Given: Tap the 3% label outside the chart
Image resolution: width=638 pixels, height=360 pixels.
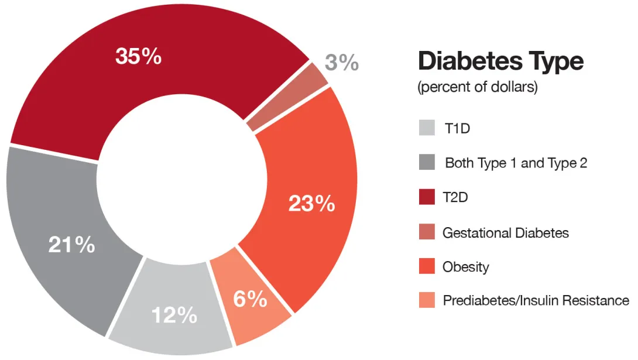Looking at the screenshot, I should click(x=342, y=62).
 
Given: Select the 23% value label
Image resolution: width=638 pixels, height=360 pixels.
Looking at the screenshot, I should click(x=311, y=204).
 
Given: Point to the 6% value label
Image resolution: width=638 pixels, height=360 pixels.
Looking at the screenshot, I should click(x=250, y=299).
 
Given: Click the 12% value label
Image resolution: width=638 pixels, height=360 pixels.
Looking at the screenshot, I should click(x=174, y=316).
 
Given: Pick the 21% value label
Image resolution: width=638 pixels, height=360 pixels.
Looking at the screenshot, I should click(x=71, y=245).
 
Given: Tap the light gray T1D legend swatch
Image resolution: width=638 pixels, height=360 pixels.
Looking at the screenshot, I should click(x=427, y=128).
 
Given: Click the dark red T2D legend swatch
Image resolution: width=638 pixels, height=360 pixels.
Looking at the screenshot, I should click(x=427, y=197).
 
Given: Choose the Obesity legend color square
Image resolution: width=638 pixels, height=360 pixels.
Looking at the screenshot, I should click(x=427, y=267).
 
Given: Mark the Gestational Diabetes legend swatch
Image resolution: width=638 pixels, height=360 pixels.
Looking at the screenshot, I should click(x=427, y=232).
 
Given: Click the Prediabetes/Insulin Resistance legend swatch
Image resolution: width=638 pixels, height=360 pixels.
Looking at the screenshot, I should click(x=427, y=301).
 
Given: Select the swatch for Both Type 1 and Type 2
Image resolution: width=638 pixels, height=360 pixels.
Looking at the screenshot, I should click(x=427, y=163).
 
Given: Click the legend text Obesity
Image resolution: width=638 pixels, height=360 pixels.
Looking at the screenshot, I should click(x=466, y=267).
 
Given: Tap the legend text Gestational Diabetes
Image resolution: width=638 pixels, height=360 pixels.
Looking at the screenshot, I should click(x=506, y=232).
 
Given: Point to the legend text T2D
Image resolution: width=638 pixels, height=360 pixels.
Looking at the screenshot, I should click(x=456, y=197).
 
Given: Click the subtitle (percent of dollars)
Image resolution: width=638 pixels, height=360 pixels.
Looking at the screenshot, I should click(x=477, y=88).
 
